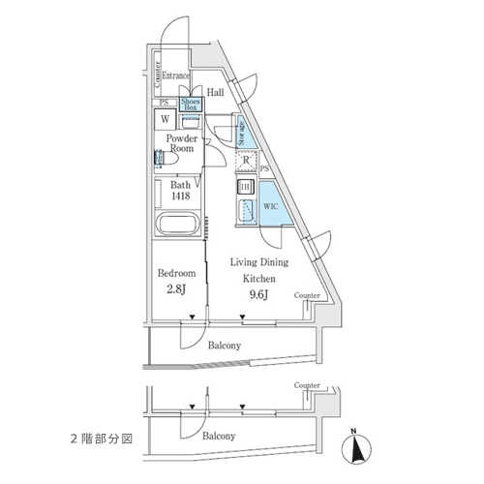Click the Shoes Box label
(x=191, y=105)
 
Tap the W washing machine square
(x=165, y=119)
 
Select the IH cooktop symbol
(x=245, y=187)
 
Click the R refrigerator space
(x=246, y=160)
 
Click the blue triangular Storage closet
(x=244, y=134)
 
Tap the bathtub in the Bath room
(x=176, y=224)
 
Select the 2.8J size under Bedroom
(x=176, y=289)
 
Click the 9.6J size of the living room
(x=259, y=294)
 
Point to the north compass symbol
(x=356, y=448)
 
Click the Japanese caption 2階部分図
(x=102, y=439)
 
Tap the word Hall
(x=215, y=93)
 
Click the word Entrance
(x=175, y=76)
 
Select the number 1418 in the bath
(x=181, y=196)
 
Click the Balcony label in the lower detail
(x=219, y=437)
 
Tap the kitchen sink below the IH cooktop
(x=246, y=211)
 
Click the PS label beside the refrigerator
(x=264, y=168)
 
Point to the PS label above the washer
(x=165, y=103)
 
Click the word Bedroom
(x=176, y=273)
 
